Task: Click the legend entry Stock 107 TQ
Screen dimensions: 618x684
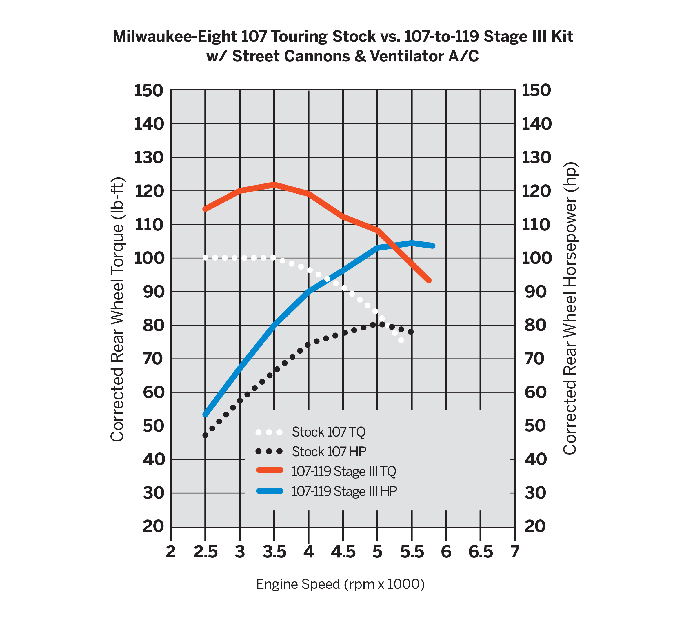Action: click(x=328, y=432)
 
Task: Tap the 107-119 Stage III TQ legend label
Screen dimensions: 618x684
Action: click(x=343, y=471)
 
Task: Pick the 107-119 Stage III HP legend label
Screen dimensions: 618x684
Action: click(x=344, y=491)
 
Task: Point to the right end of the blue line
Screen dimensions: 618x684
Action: click(x=433, y=246)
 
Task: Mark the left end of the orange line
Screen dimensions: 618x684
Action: click(x=205, y=209)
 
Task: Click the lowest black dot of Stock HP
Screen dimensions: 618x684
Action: click(x=205, y=435)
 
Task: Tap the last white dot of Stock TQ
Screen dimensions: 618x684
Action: click(x=401, y=340)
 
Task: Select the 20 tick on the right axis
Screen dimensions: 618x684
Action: click(x=535, y=526)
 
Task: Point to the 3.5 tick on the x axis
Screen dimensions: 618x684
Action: click(x=274, y=552)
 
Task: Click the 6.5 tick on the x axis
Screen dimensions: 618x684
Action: click(x=481, y=552)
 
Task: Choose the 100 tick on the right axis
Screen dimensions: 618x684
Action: click(x=536, y=258)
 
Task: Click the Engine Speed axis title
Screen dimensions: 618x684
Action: click(x=340, y=584)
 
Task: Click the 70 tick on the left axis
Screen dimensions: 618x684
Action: click(x=153, y=359)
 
